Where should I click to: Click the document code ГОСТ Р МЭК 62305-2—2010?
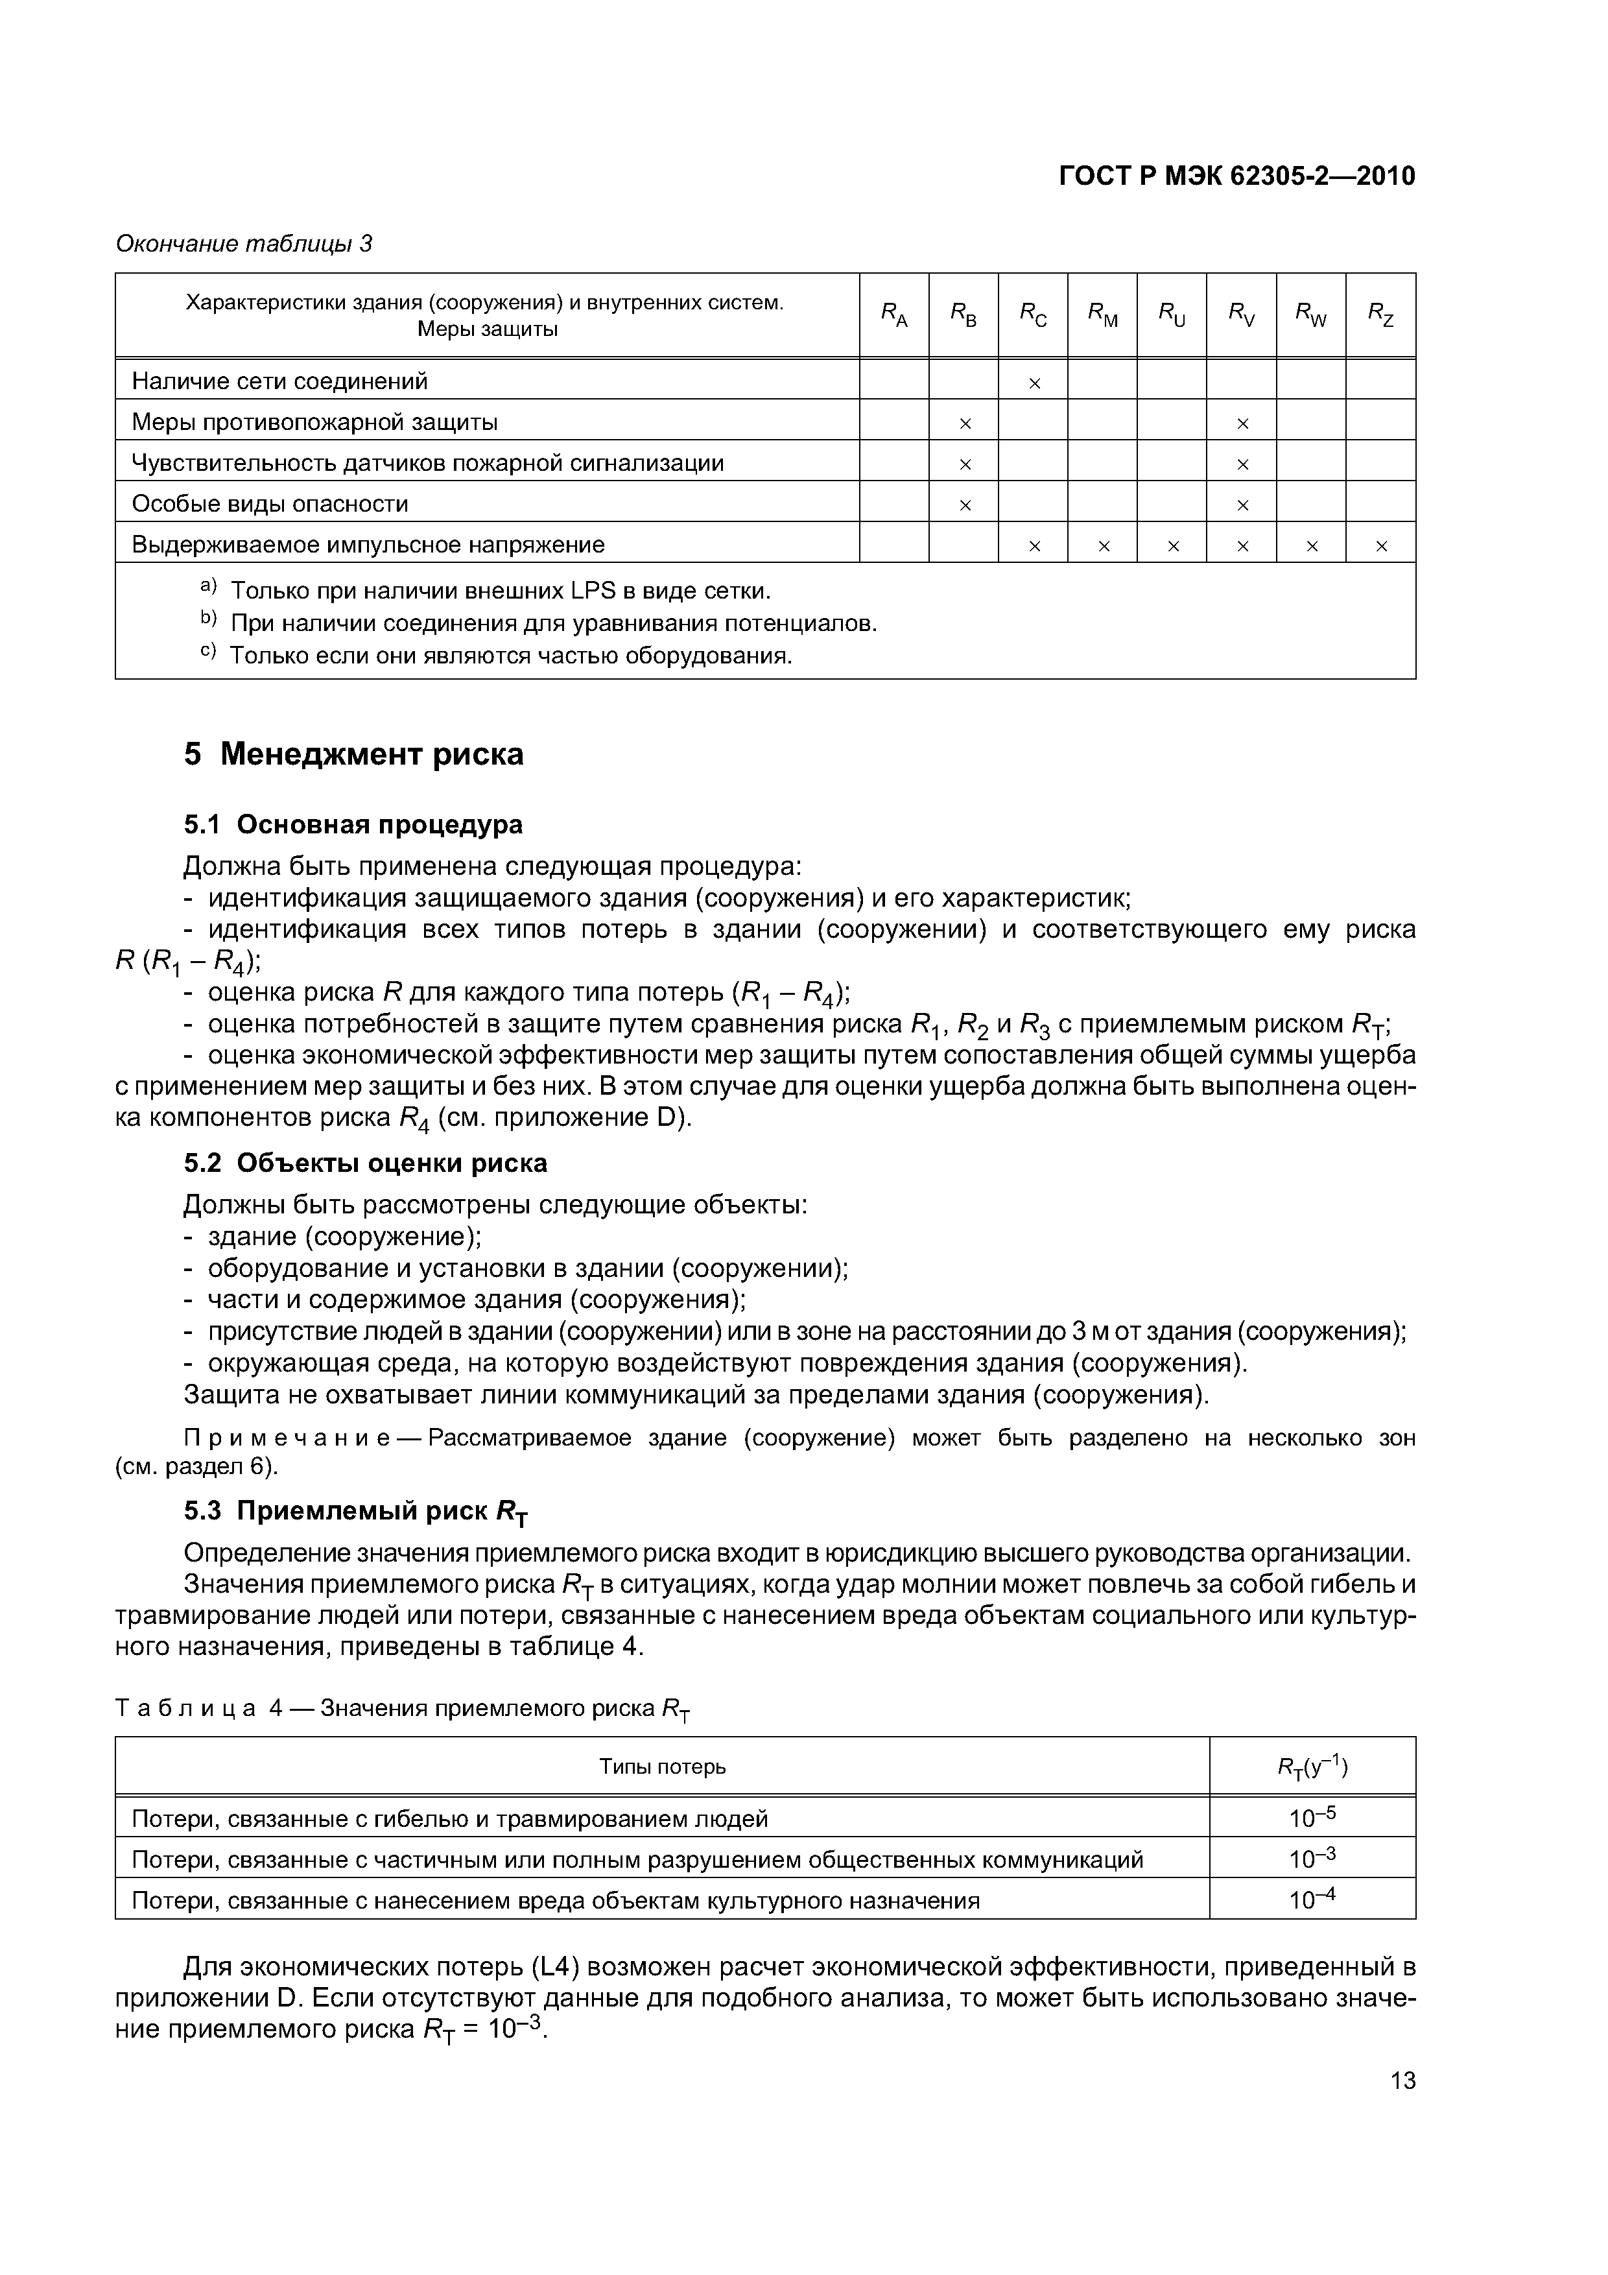pyautogui.click(x=1236, y=176)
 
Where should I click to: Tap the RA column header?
pyautogui.click(x=893, y=315)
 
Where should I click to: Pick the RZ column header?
pyautogui.click(x=1380, y=315)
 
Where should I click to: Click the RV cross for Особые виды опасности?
pyautogui.click(x=1242, y=505)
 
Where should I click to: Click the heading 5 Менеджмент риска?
pyautogui.click(x=354, y=755)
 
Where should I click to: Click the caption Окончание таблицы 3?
pyautogui.click(x=244, y=244)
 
